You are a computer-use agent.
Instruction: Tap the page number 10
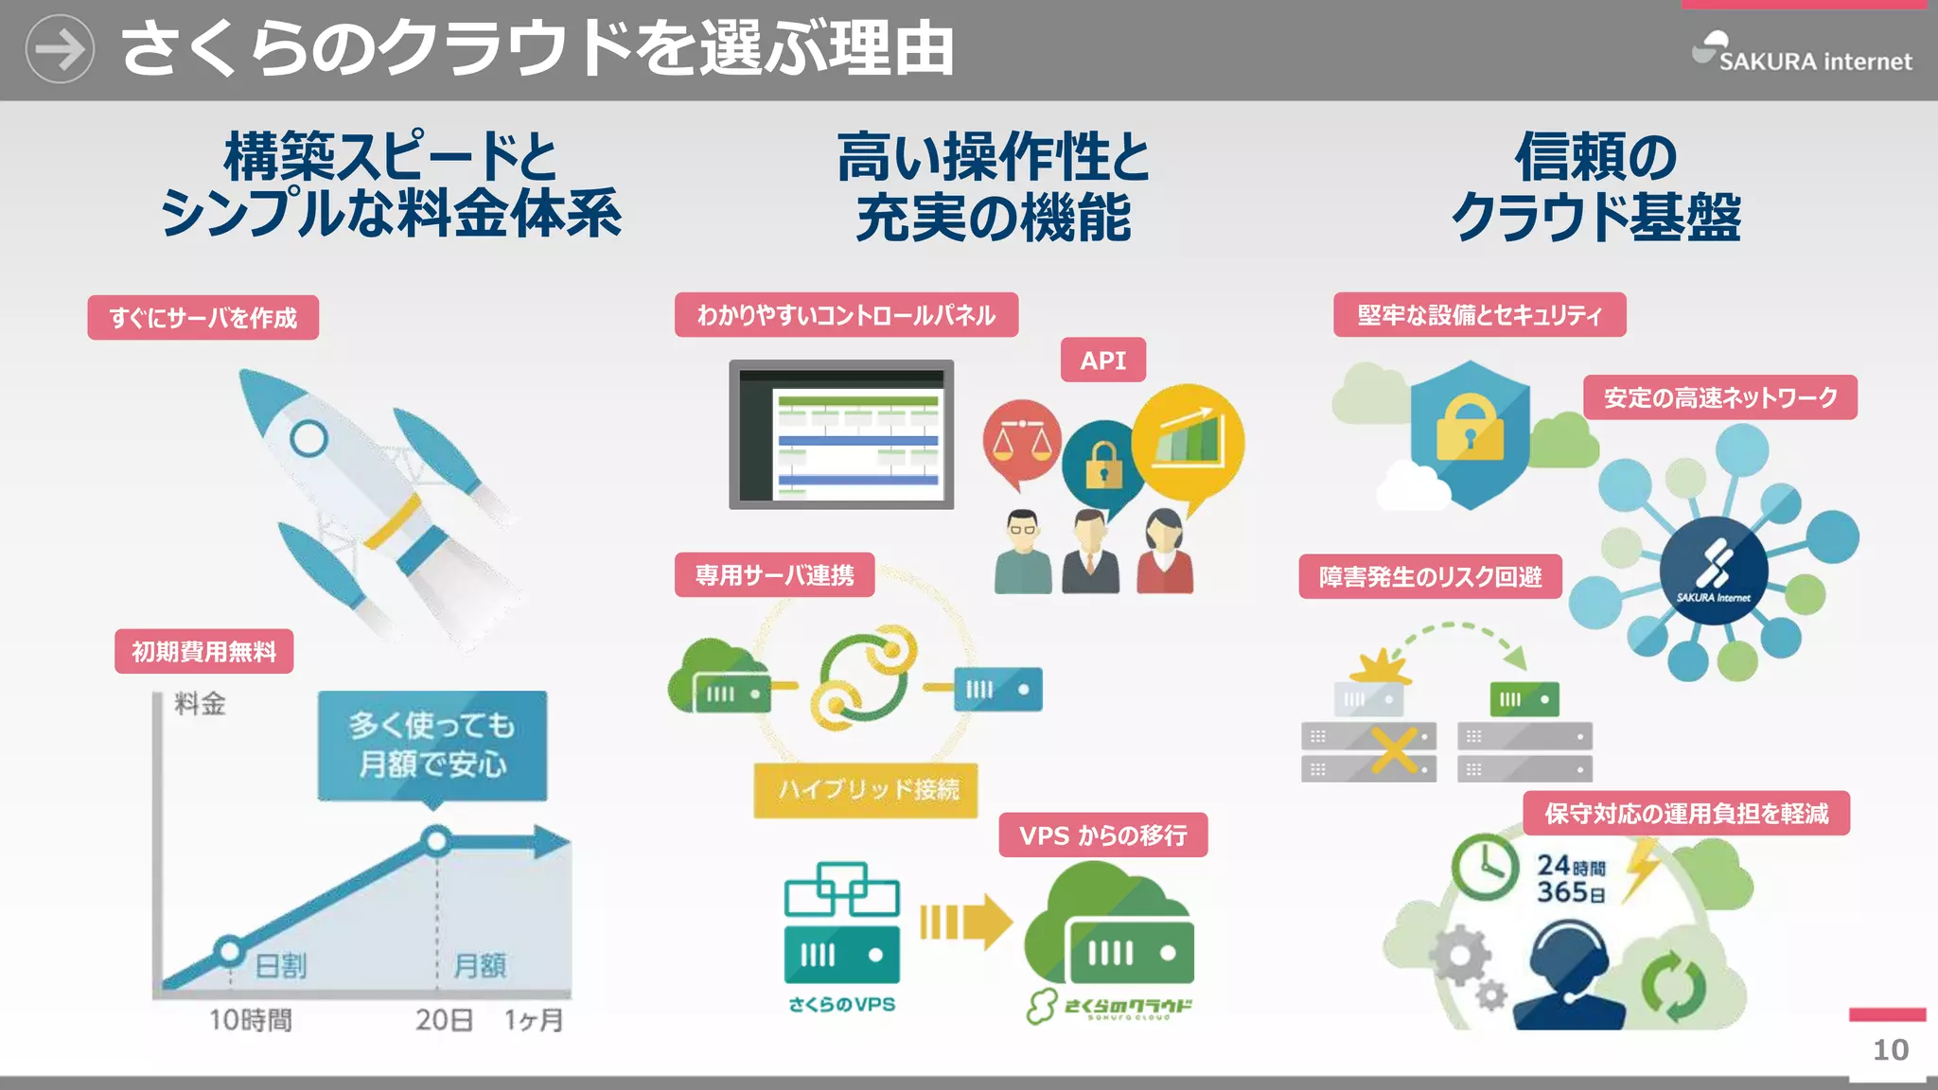(1891, 1049)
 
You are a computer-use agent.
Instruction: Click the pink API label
(1102, 360)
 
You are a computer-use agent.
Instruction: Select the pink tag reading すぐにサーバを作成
(203, 318)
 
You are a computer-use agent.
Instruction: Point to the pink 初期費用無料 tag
(203, 652)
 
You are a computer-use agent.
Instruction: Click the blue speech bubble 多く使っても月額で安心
(432, 746)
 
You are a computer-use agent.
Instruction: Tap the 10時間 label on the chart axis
(250, 1020)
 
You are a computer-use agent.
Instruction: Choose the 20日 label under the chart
(444, 1020)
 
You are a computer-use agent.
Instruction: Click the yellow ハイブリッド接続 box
(866, 789)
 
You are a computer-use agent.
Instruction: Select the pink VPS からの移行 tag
(1102, 835)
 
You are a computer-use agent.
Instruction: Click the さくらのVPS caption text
(841, 1005)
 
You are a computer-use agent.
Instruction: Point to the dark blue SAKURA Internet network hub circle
(1714, 571)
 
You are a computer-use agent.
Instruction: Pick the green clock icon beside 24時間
(1486, 867)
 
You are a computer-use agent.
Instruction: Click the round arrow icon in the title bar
(60, 49)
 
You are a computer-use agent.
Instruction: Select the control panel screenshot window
(841, 434)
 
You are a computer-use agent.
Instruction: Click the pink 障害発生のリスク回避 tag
(1430, 576)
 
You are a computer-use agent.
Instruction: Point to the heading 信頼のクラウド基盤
(1595, 186)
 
